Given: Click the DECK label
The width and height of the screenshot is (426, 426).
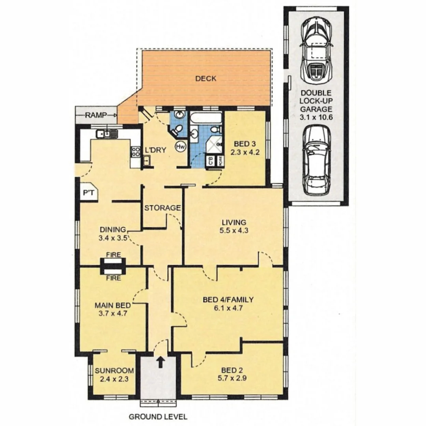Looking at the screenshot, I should point(206,78).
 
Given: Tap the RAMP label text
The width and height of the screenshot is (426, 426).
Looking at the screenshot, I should point(97,115).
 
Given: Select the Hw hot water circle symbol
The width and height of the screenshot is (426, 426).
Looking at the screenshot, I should point(180,146).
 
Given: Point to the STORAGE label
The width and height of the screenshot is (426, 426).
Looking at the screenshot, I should point(162,207).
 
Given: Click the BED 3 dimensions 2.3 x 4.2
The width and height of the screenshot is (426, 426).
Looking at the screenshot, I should point(245,153).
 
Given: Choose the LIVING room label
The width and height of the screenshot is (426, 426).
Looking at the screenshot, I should point(234,222).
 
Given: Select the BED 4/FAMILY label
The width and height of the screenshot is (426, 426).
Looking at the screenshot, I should point(228,300).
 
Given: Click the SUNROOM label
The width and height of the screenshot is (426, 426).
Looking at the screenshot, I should point(114,371).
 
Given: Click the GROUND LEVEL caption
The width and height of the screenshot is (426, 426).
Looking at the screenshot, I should point(158,417).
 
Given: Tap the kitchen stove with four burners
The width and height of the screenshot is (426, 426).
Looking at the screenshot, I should point(135,152).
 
